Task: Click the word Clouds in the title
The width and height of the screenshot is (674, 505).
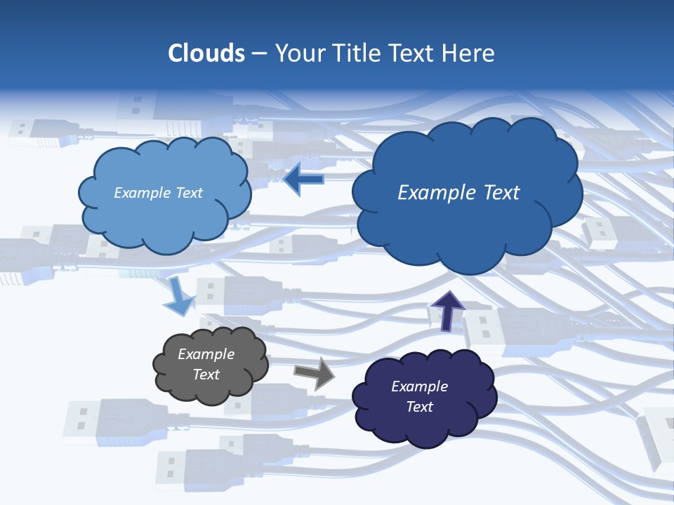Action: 206,53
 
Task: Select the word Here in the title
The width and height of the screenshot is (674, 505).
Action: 470,53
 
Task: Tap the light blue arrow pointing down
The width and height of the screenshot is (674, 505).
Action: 178,297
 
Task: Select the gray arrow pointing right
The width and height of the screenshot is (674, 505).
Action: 315,372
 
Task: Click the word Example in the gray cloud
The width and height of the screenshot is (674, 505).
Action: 206,354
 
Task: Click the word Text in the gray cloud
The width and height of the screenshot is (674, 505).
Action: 206,375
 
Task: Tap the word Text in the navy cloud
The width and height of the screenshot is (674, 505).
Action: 419,407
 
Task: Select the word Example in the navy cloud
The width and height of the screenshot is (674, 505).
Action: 419,386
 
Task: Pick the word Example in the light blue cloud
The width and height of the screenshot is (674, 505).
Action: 143,193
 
